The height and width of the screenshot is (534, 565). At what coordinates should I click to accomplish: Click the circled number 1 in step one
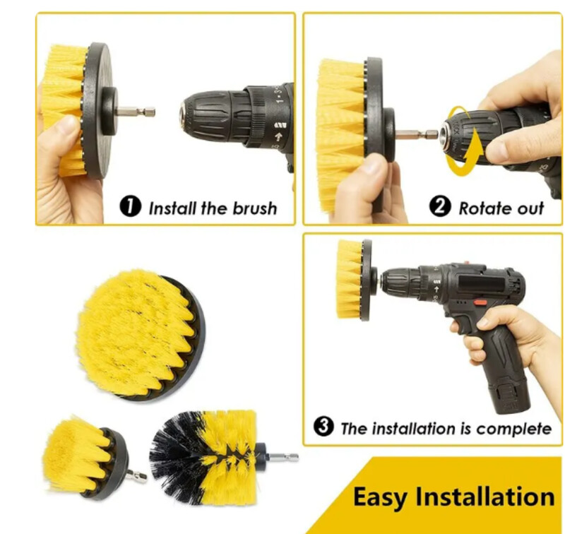tap(130, 206)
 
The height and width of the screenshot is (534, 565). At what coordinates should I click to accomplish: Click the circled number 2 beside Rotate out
tap(440, 206)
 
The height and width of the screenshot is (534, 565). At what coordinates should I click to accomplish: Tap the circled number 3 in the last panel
tap(323, 426)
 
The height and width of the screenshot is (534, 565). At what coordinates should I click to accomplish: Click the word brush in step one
tap(255, 208)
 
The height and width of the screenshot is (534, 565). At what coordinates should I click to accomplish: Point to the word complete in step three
tap(514, 429)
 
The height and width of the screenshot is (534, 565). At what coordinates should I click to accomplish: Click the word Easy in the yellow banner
tap(380, 497)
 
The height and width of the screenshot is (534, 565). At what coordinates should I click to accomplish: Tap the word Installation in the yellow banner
tap(485, 497)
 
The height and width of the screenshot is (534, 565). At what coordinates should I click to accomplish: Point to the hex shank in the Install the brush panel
tap(136, 112)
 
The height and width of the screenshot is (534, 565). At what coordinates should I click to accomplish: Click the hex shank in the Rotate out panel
tap(417, 135)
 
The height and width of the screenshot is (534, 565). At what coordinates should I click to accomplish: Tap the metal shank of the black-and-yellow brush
tap(284, 457)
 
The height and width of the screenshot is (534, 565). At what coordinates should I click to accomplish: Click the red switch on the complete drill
tap(480, 302)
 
